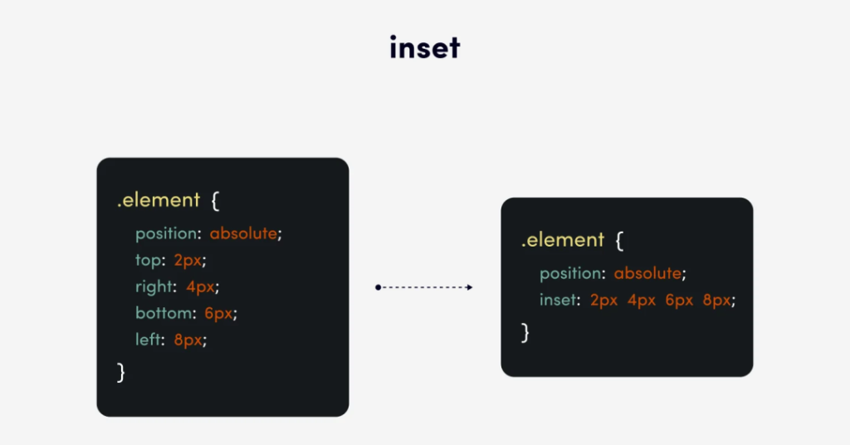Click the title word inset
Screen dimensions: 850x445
(x=425, y=47)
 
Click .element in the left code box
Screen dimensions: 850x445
(x=159, y=200)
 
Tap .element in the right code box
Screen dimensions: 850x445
(x=563, y=240)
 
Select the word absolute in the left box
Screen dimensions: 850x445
(x=243, y=233)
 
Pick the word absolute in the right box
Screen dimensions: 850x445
(x=647, y=272)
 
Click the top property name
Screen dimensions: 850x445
(x=148, y=260)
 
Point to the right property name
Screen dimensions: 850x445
(x=154, y=286)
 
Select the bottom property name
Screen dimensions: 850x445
(x=164, y=313)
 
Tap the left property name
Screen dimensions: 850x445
(x=148, y=340)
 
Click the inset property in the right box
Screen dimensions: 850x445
(x=557, y=299)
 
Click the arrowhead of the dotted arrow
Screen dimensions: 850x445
(x=470, y=287)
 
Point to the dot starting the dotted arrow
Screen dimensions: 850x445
(x=378, y=287)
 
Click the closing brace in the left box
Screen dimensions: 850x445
(x=121, y=373)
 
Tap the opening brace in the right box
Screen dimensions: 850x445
(x=619, y=240)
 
